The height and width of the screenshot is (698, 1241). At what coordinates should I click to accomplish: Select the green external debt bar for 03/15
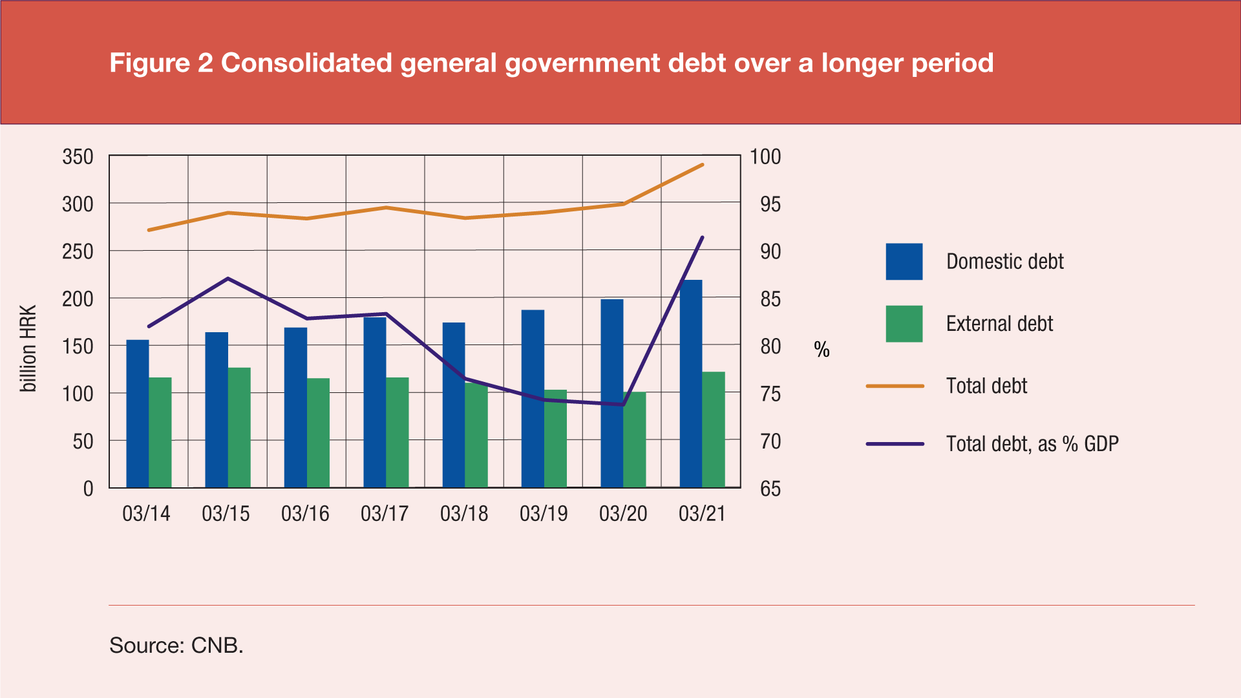point(239,427)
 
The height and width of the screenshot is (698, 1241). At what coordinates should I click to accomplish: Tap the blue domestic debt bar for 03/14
point(137,414)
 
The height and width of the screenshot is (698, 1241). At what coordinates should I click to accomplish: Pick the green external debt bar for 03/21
point(714,429)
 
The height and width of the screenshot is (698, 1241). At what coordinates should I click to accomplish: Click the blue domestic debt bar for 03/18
point(454,405)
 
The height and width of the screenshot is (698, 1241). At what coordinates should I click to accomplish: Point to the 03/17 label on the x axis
point(385,514)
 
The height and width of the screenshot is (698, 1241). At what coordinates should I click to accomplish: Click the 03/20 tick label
point(623,514)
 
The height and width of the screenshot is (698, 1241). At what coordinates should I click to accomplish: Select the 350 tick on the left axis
point(78,157)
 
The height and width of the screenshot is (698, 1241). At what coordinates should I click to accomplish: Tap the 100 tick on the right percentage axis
point(765,157)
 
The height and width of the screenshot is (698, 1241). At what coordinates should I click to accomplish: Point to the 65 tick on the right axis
point(770,489)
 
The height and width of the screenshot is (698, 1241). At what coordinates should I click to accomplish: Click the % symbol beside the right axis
point(822,350)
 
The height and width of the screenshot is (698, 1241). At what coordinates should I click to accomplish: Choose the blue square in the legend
point(904,262)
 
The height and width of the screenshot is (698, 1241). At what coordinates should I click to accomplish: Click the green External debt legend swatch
point(904,324)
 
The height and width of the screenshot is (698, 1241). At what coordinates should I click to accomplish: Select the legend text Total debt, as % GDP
point(1032,444)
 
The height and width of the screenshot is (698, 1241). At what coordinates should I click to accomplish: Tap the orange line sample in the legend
point(895,386)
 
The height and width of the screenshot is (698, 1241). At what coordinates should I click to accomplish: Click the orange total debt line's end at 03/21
point(703,165)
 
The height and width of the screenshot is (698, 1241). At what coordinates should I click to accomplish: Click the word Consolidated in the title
point(306,63)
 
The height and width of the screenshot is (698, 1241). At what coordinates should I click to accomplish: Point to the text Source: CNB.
point(176,645)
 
